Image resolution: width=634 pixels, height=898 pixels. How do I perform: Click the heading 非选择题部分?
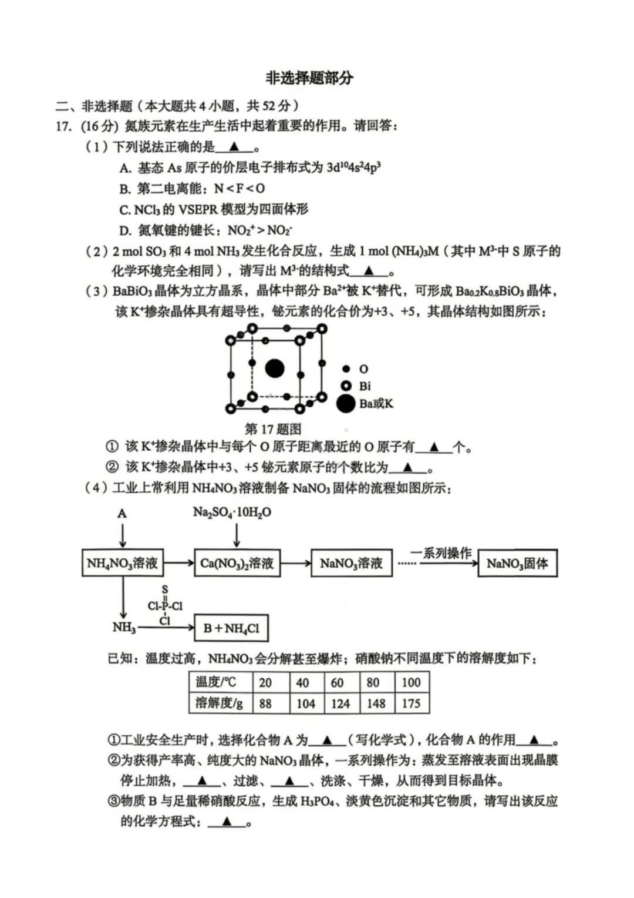[309, 78]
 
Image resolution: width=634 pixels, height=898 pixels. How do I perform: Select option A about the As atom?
[250, 168]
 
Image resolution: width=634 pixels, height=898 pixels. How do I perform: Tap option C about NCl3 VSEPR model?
[214, 209]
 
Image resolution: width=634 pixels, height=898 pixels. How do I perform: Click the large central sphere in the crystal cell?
[275, 368]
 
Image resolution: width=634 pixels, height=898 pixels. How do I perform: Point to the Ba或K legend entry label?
[376, 404]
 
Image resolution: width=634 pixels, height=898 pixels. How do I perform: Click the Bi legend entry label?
[365, 386]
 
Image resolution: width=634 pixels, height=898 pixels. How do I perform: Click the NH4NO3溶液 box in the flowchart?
[122, 563]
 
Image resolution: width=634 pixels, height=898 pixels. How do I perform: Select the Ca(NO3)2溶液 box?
[237, 563]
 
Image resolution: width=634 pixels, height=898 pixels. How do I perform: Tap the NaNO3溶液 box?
[351, 563]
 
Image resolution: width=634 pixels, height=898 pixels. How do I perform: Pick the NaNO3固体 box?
[517, 563]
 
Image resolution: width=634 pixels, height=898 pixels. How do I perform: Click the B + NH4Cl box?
[231, 628]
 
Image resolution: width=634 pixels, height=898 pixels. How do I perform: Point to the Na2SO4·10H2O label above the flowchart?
[232, 512]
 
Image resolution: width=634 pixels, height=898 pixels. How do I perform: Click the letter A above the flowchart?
[122, 513]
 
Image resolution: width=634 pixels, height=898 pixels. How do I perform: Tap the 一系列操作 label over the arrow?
[441, 553]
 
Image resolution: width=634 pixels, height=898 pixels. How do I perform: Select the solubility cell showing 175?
[411, 703]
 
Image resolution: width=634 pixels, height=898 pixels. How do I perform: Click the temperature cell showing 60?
[337, 682]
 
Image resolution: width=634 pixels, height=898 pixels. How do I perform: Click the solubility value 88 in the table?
[265, 703]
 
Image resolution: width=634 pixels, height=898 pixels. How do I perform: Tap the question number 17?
[63, 126]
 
